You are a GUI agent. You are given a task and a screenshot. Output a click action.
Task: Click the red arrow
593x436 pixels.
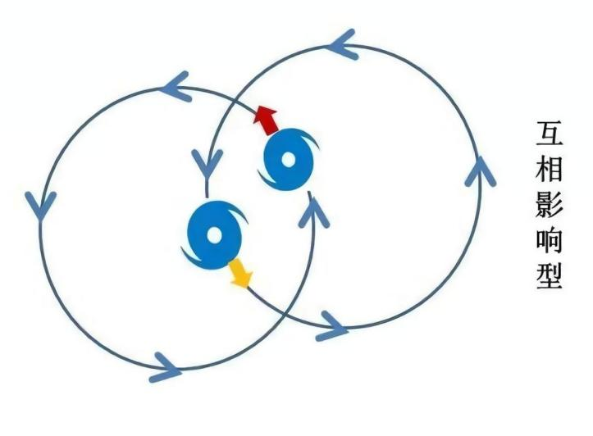click(267, 120)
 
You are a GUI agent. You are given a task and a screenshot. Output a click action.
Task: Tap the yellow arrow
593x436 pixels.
click(240, 274)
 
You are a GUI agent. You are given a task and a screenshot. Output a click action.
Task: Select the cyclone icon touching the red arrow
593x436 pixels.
click(288, 160)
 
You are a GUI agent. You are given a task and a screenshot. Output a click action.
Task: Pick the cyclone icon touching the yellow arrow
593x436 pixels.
click(214, 235)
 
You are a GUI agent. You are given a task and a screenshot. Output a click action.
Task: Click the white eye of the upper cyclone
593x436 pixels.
click(288, 160)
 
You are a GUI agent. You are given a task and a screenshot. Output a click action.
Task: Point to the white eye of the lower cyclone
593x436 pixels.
click(214, 235)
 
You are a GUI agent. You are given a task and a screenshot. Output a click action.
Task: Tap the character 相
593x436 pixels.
click(550, 169)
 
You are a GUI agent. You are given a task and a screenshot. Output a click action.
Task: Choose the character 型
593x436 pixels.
click(550, 276)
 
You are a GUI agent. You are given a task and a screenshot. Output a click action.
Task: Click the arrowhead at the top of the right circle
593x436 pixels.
click(341, 44)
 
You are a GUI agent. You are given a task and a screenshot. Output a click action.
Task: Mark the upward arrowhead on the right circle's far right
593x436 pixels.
click(480, 171)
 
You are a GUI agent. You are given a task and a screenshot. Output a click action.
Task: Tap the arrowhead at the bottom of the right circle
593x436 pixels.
click(332, 326)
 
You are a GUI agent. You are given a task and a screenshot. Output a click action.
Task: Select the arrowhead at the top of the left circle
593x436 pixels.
click(176, 87)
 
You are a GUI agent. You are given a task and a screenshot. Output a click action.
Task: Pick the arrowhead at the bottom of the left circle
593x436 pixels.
click(166, 368)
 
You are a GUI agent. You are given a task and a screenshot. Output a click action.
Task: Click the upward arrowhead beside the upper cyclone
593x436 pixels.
click(313, 211)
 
